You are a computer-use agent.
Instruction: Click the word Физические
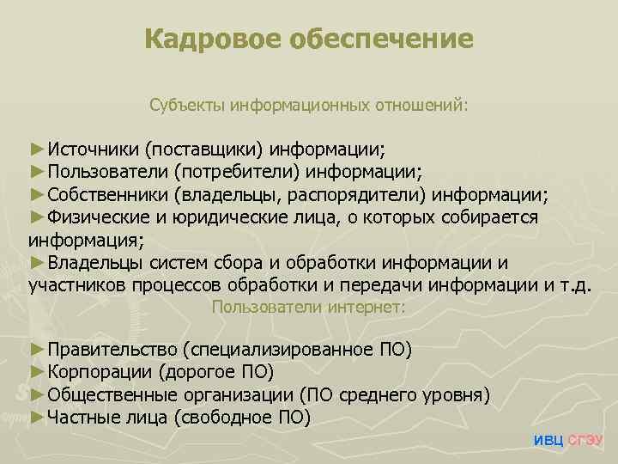[x=97, y=217]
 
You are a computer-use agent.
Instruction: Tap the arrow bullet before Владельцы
[x=37, y=262]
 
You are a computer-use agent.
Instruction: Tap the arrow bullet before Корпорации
[x=37, y=371]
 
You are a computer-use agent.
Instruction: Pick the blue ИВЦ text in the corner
[x=548, y=442]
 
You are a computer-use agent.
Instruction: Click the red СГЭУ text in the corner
[x=586, y=442]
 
